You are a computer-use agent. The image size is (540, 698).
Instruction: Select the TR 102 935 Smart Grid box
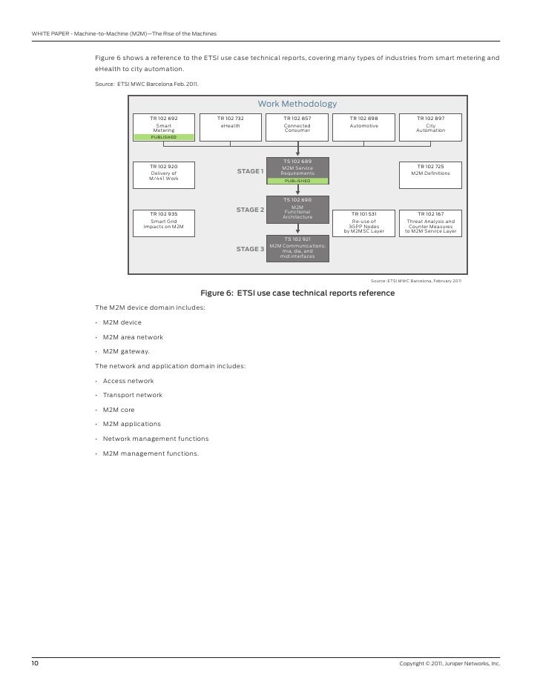click(163, 222)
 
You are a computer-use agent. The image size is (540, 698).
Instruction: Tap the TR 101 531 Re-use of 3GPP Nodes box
click(363, 222)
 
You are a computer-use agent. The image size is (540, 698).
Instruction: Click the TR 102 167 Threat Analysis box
click(430, 222)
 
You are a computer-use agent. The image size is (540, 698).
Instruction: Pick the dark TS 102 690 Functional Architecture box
click(297, 209)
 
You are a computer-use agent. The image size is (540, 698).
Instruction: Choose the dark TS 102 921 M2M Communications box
click(297, 247)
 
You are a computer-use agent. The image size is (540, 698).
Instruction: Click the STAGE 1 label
click(250, 171)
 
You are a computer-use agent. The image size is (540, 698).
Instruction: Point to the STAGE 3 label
click(250, 249)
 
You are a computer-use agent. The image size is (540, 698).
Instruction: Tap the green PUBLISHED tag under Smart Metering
click(163, 137)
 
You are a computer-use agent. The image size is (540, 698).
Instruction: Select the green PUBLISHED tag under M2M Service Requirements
click(297, 180)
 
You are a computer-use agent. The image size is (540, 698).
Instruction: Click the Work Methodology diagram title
click(297, 104)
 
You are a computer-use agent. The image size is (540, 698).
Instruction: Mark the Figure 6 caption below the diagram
click(297, 293)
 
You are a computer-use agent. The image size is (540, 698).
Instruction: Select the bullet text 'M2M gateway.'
click(126, 351)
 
